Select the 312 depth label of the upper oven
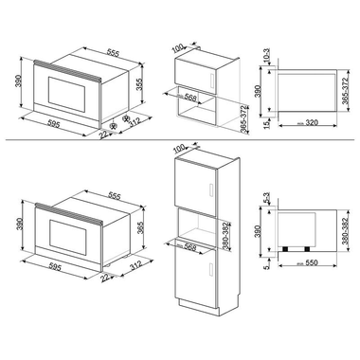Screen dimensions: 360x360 tap(135, 123)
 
